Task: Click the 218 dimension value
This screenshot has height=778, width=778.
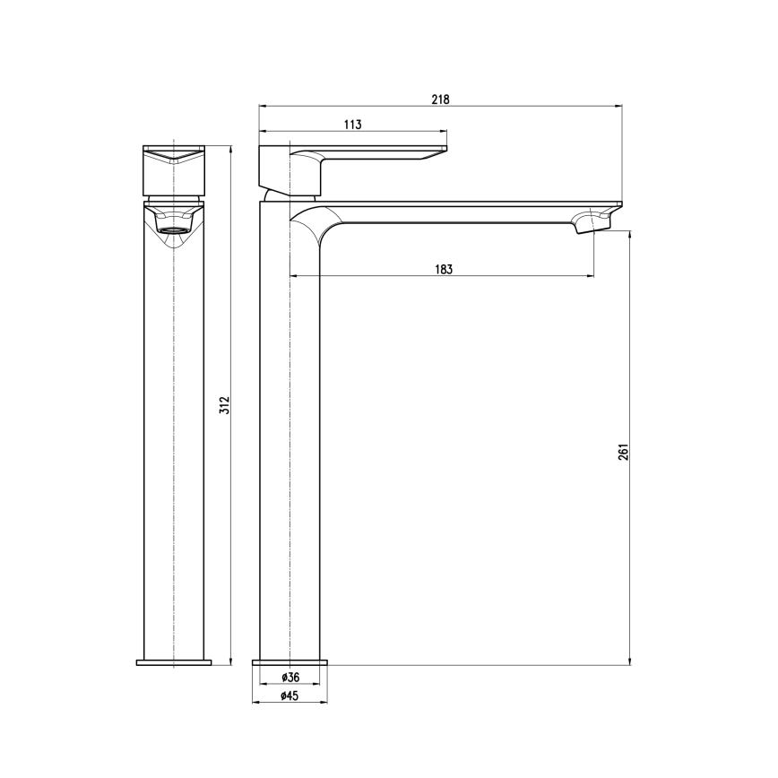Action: click(440, 99)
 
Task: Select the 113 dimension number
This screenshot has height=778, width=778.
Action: click(352, 125)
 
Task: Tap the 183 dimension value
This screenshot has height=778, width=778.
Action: click(443, 268)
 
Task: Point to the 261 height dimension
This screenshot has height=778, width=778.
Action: click(624, 451)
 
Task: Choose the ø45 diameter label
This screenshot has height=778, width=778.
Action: click(290, 696)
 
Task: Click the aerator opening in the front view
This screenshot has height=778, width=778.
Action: click(173, 229)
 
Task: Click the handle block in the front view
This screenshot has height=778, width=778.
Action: click(173, 169)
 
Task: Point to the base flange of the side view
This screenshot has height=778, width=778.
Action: click(290, 661)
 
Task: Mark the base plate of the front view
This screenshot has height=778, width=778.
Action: click(173, 662)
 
